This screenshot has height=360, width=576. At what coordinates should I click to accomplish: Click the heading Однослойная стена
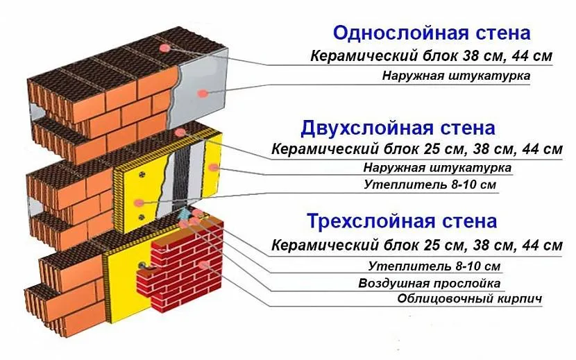click(x=431, y=33)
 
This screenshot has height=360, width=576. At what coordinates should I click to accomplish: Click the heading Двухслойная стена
click(x=398, y=128)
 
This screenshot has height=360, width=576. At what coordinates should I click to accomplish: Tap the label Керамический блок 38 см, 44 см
click(x=430, y=56)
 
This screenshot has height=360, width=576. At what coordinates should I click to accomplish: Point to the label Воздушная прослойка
click(x=430, y=283)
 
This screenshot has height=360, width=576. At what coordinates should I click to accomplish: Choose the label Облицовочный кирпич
click(x=469, y=299)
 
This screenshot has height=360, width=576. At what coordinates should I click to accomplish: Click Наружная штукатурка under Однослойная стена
click(x=456, y=75)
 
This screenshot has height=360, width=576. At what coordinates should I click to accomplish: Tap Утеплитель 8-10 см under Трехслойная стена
click(x=434, y=266)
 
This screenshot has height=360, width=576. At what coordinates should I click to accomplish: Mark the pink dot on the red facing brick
click(x=203, y=264)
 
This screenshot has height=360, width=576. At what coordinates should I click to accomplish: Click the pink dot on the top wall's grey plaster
click(x=201, y=93)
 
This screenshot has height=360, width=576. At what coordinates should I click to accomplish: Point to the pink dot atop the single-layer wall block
click(x=165, y=47)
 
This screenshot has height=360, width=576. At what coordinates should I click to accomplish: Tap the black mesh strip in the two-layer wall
click(x=183, y=173)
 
